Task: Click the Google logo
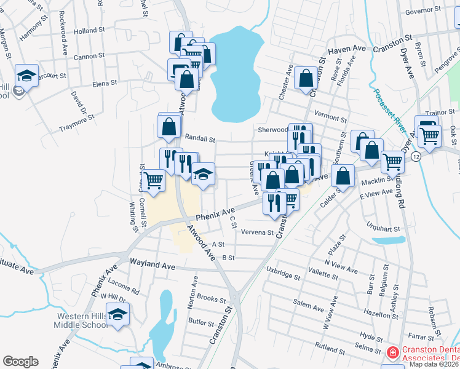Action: [x=21, y=362]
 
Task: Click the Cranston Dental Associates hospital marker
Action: [x=392, y=352]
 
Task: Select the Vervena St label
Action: [x=257, y=232]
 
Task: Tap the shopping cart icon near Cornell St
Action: [x=154, y=180]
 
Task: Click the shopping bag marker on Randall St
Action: [x=169, y=127]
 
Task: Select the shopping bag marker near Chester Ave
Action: [x=306, y=78]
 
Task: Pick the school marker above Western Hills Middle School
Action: [x=118, y=315]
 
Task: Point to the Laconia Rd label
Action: [x=123, y=286]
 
